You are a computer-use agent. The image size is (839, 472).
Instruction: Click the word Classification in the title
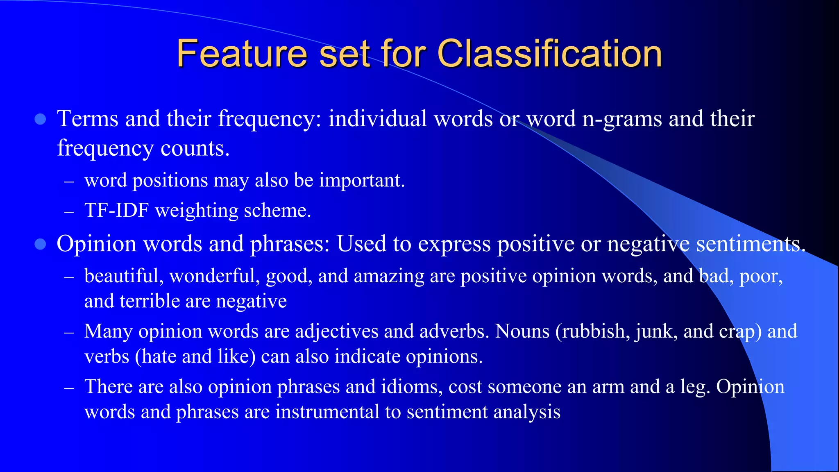coord(549,54)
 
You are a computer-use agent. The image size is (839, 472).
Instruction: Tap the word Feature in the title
coord(242,54)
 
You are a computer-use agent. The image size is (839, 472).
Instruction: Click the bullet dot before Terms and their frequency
coord(40,120)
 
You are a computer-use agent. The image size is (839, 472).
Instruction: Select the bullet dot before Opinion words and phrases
coord(40,245)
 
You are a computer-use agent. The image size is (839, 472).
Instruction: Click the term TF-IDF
coord(116,211)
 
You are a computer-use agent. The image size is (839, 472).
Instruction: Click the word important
coord(361,181)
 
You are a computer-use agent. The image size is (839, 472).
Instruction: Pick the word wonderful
coord(215,276)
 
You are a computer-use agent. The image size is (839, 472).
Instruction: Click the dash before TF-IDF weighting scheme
coord(69,212)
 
